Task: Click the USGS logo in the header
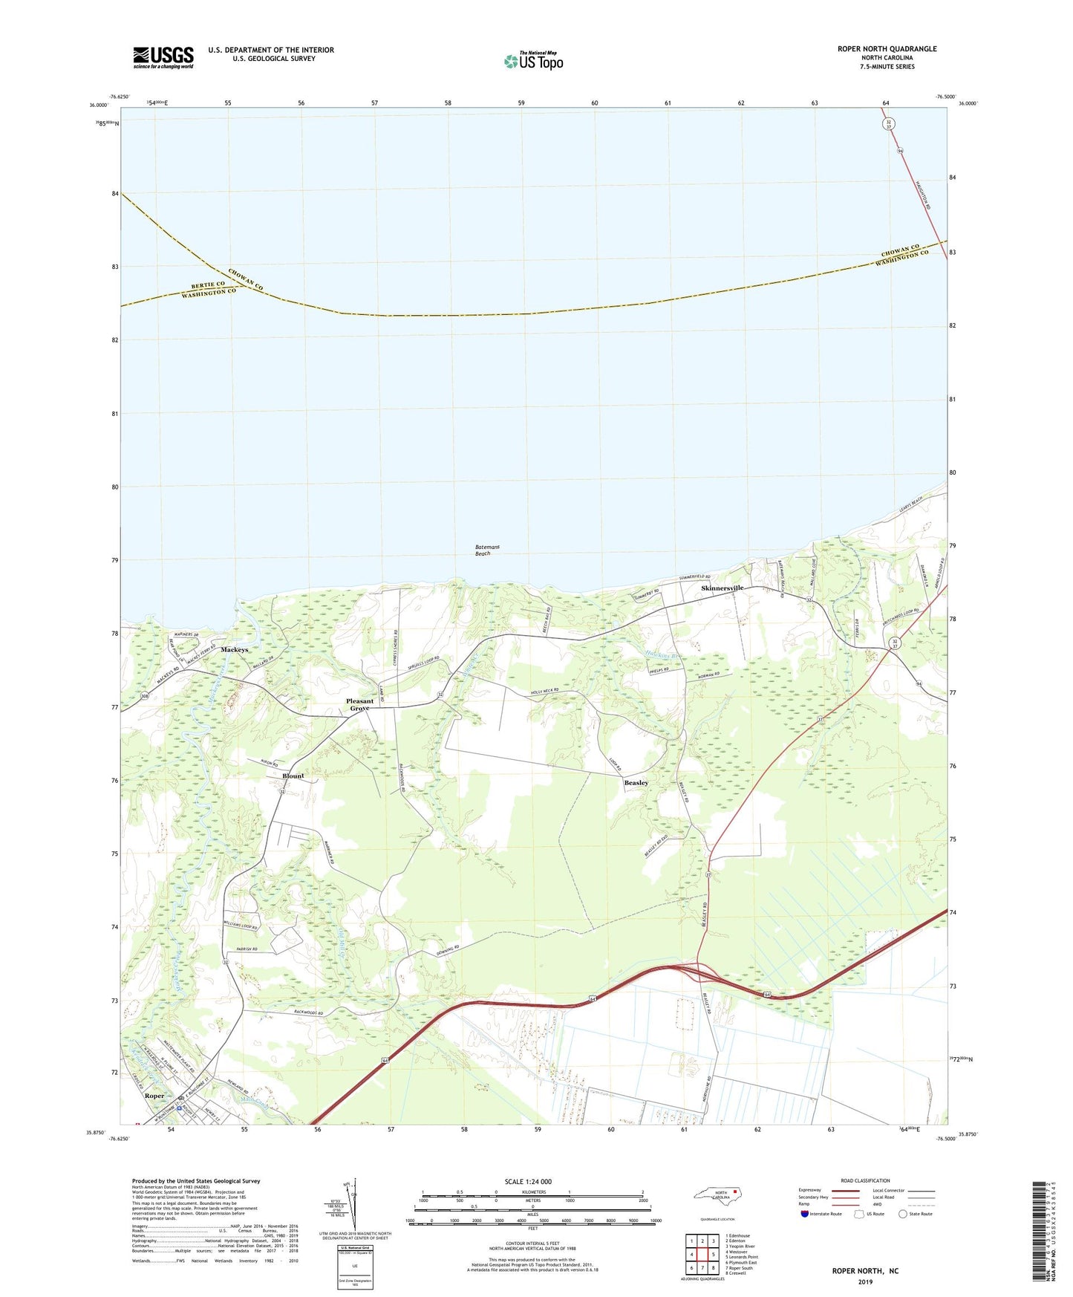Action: [163, 57]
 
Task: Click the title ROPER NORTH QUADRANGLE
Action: [887, 49]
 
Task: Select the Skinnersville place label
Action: [723, 588]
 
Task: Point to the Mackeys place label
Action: [235, 650]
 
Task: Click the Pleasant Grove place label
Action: [360, 705]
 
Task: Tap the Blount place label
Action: [293, 776]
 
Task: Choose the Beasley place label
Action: [636, 783]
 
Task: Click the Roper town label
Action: [154, 1096]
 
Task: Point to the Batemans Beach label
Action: [487, 550]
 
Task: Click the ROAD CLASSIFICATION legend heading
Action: [865, 1180]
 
